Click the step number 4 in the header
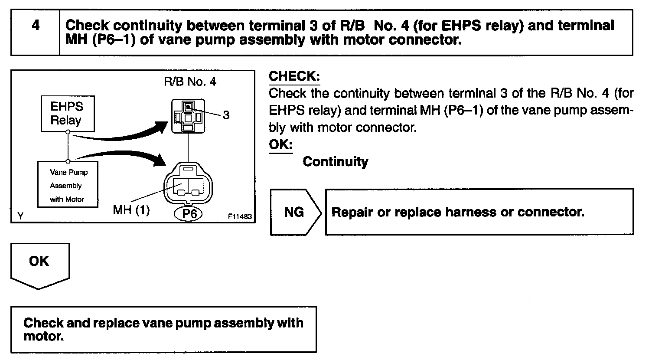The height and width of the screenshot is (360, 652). tap(36, 26)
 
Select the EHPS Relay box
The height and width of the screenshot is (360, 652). tap(67, 114)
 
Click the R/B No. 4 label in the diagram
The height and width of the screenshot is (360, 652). tap(190, 82)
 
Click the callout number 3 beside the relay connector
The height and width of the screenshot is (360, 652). tap(226, 115)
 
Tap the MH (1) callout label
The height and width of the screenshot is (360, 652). tap(131, 210)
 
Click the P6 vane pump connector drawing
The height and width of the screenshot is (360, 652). tap(188, 184)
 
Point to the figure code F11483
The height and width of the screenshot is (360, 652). tap(240, 216)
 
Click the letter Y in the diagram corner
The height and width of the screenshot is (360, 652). tap(20, 216)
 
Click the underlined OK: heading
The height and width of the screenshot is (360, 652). tap(280, 144)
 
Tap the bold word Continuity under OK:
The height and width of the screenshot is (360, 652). tap(335, 162)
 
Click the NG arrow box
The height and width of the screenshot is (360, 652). tap(295, 212)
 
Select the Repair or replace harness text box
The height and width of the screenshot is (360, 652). tap(479, 212)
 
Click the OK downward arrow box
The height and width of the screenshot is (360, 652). tap(40, 265)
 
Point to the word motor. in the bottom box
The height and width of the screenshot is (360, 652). tap(43, 336)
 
